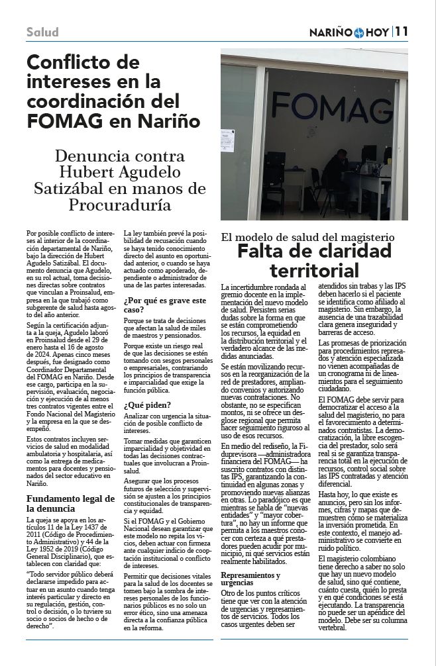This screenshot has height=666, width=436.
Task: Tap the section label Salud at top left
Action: pos(42,32)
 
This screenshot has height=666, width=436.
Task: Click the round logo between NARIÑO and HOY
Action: pos(359,32)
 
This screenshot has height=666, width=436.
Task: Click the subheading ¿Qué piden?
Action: pos(146,404)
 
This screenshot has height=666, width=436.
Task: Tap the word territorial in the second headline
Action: pos(314,270)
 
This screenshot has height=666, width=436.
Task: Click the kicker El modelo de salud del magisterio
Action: pos(307,236)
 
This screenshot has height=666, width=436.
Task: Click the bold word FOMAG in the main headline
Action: pos(65,120)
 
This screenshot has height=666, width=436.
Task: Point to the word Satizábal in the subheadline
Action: pos(73,189)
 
